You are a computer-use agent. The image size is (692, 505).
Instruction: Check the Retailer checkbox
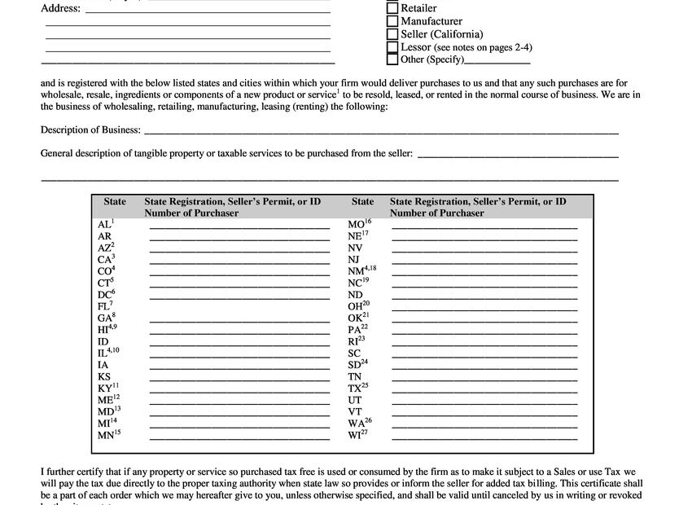[x=392, y=9]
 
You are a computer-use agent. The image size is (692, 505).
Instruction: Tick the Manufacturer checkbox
[x=392, y=22]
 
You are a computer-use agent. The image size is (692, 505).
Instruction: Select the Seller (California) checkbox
[x=392, y=34]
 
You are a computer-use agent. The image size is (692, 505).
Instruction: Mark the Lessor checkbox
[x=392, y=47]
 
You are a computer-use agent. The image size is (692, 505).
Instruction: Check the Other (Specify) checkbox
[x=392, y=59]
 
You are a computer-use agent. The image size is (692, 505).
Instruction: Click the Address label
[x=61, y=9]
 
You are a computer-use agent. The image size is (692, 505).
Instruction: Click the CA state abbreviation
[x=105, y=259]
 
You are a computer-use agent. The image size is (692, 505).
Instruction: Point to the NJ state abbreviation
[x=354, y=259]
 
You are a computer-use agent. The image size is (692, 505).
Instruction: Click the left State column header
[x=115, y=201]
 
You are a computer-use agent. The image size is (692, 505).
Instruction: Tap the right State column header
[x=362, y=201]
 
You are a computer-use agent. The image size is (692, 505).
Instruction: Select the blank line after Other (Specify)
[x=497, y=60]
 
